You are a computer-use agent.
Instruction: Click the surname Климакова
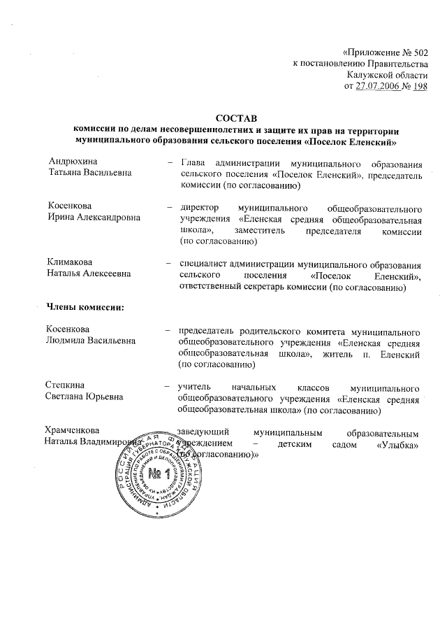click(70, 262)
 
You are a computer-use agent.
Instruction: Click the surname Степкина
click(66, 385)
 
